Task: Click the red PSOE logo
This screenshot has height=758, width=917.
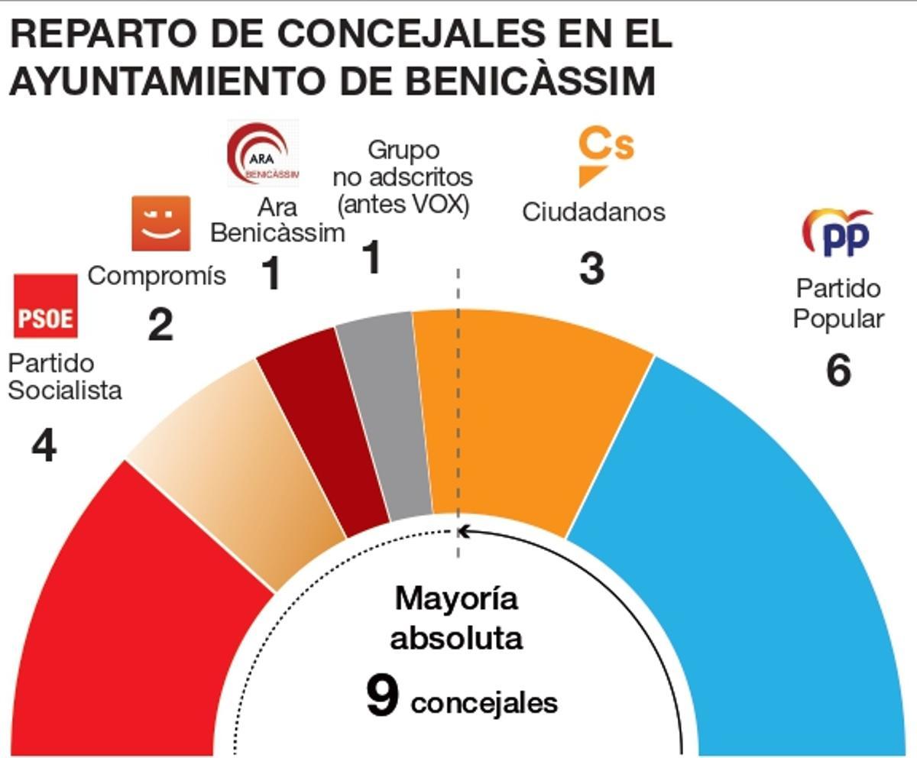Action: click(x=46, y=306)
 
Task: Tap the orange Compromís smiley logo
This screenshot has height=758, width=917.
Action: click(x=160, y=223)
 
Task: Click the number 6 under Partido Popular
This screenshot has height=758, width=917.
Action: click(x=838, y=371)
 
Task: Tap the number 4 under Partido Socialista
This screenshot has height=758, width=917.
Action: click(x=44, y=445)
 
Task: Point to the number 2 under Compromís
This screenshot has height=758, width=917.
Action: click(x=160, y=326)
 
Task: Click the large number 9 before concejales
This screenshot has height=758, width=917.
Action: click(x=381, y=697)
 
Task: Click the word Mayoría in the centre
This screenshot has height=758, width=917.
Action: click(x=456, y=598)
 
